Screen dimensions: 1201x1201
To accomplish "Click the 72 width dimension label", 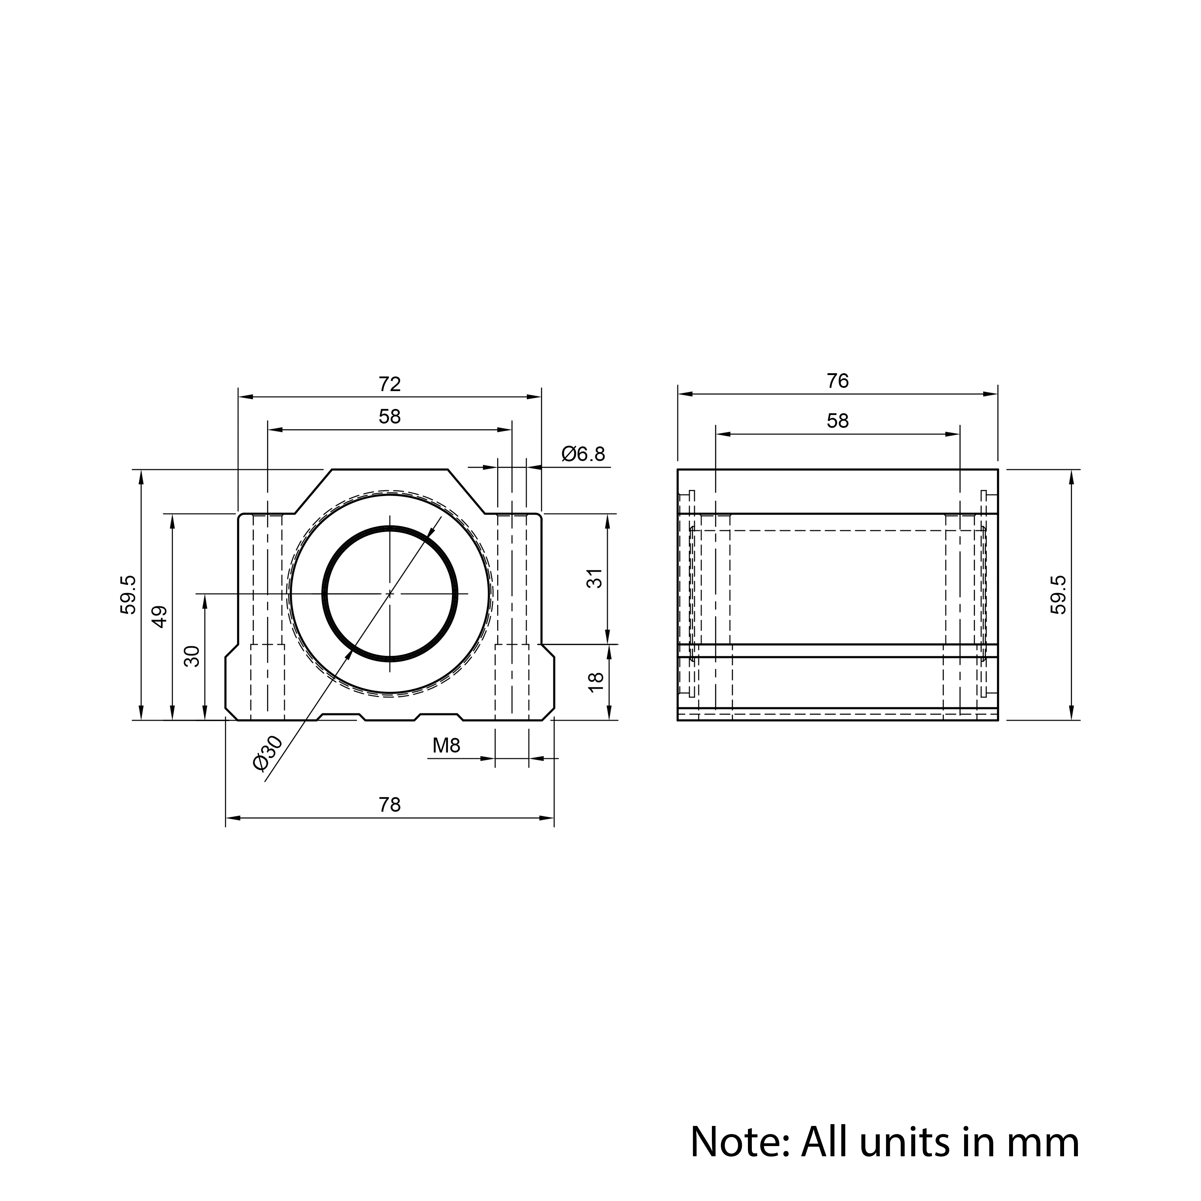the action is tap(390, 384).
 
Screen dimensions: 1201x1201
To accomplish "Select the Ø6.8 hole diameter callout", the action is tap(583, 454).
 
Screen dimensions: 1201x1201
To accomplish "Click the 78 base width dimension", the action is tap(390, 805).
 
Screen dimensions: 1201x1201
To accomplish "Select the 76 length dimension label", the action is tap(837, 381).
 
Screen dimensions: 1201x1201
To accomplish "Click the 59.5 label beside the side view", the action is tap(1058, 595).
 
